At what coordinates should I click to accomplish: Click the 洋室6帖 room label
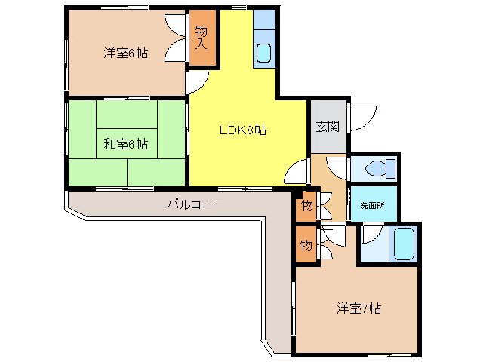coord(125,54)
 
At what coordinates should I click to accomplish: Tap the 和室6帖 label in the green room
coord(125,143)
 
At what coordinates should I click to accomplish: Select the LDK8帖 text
coord(242,130)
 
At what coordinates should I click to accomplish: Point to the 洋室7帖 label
coord(358,308)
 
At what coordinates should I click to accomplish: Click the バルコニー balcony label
coord(195,204)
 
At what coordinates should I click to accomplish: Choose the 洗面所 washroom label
coord(371,205)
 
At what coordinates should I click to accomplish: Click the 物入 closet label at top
coord(202,37)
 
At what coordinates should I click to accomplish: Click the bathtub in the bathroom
coord(404,244)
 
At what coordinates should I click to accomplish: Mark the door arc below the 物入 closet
coord(198,81)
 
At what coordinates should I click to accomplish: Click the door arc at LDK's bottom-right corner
coord(297,173)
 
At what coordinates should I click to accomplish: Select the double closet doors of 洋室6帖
coord(177,37)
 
